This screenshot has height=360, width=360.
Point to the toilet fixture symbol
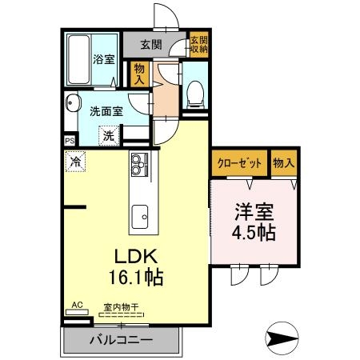(194, 94)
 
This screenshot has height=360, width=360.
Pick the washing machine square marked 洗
(108, 135)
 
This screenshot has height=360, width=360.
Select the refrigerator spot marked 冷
(74, 161)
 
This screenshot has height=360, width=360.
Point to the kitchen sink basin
(141, 214)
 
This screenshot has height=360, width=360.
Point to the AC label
(78, 305)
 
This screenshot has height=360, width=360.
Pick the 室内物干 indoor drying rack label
(118, 306)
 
